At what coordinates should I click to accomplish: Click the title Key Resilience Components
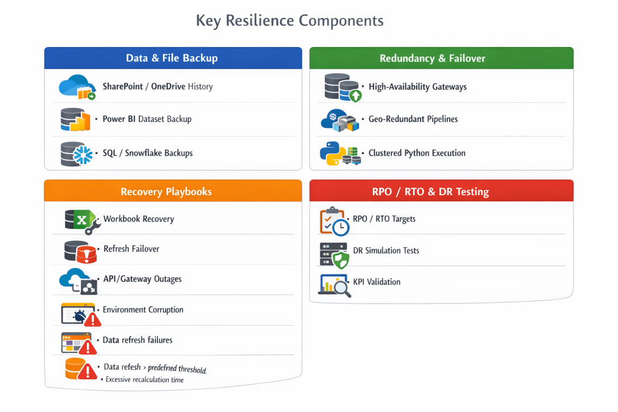(290, 21)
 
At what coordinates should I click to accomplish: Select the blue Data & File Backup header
(172, 58)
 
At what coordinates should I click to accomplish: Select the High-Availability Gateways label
(418, 87)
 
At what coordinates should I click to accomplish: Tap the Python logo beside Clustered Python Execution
(332, 153)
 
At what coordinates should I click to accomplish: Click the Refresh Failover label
(131, 249)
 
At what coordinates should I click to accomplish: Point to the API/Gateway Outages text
(142, 279)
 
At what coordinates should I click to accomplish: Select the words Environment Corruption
(143, 310)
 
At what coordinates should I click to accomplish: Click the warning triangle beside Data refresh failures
(88, 347)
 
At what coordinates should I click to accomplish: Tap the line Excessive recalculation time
(145, 380)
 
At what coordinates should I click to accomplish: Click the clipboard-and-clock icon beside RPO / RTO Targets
(334, 221)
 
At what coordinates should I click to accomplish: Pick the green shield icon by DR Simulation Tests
(341, 260)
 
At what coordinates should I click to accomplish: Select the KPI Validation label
(377, 282)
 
